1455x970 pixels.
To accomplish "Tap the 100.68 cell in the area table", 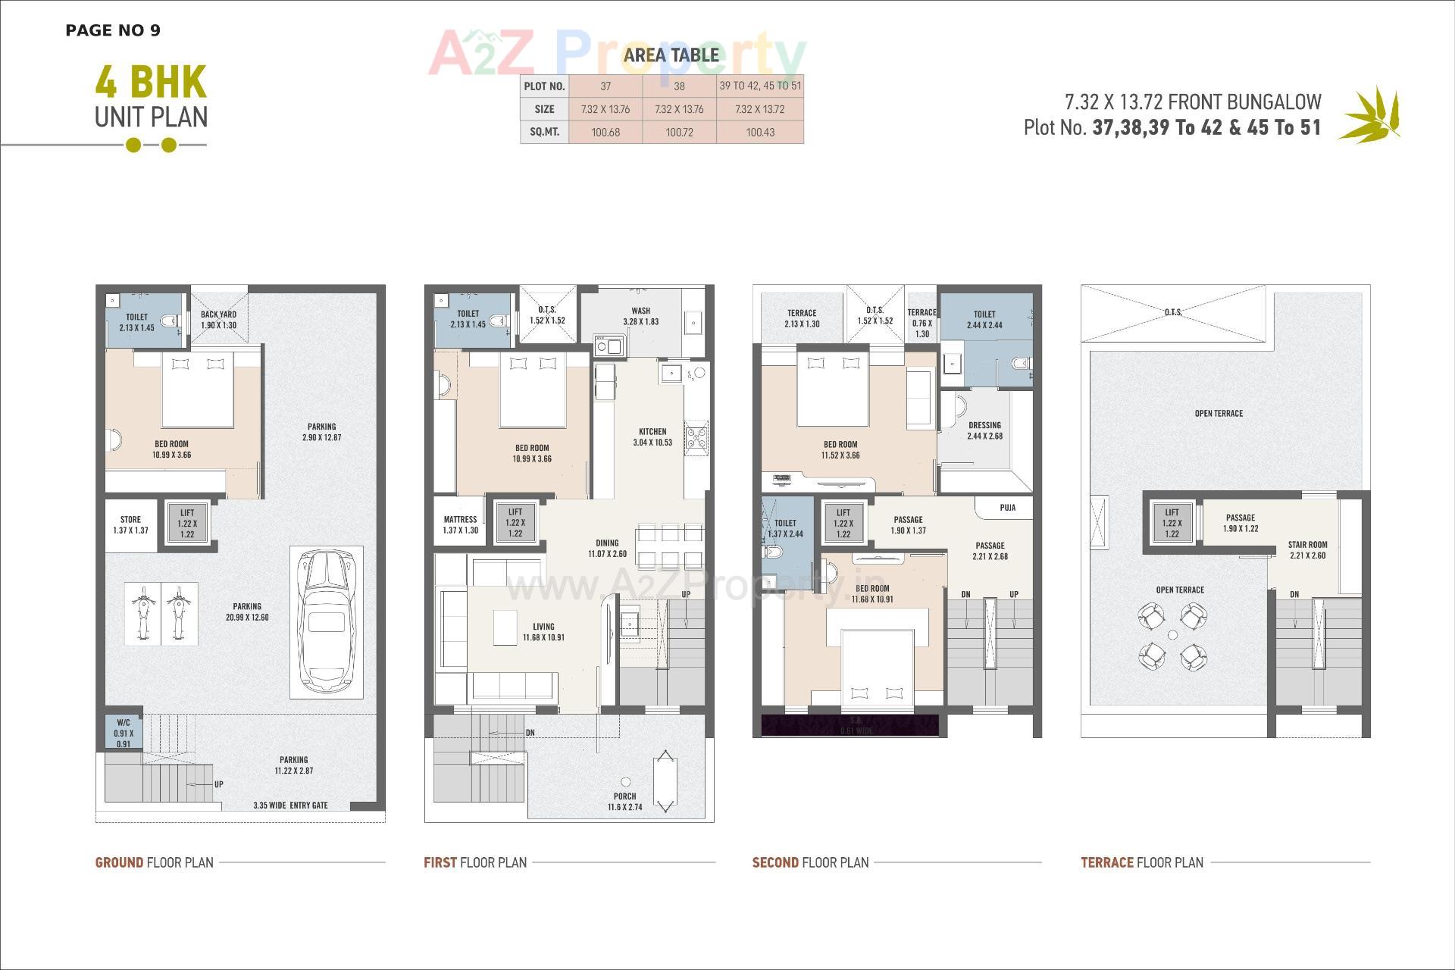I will click(x=605, y=132).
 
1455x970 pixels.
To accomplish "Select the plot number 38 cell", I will click(x=679, y=86).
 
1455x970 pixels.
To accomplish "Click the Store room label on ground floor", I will click(x=130, y=525).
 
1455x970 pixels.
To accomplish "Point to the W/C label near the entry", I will click(x=124, y=732).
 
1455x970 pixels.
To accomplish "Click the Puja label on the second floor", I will click(x=1007, y=508).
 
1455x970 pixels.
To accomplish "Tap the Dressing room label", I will click(x=984, y=430).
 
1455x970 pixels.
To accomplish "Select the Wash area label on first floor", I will click(x=640, y=316).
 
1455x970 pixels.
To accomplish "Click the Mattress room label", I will click(x=460, y=524).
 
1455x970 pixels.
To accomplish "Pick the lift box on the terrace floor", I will click(x=1172, y=523).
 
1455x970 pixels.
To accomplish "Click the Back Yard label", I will click(x=218, y=319).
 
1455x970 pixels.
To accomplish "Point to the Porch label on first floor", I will click(x=625, y=801).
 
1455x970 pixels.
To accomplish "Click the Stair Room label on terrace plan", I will click(x=1307, y=549).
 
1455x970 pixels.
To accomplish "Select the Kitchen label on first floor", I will click(x=652, y=436).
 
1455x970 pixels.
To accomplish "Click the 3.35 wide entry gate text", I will click(x=290, y=805).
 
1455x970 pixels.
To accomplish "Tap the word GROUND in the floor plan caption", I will click(x=119, y=862).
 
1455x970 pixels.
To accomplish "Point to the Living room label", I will click(x=543, y=632).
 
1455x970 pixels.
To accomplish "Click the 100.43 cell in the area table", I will click(x=759, y=132).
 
